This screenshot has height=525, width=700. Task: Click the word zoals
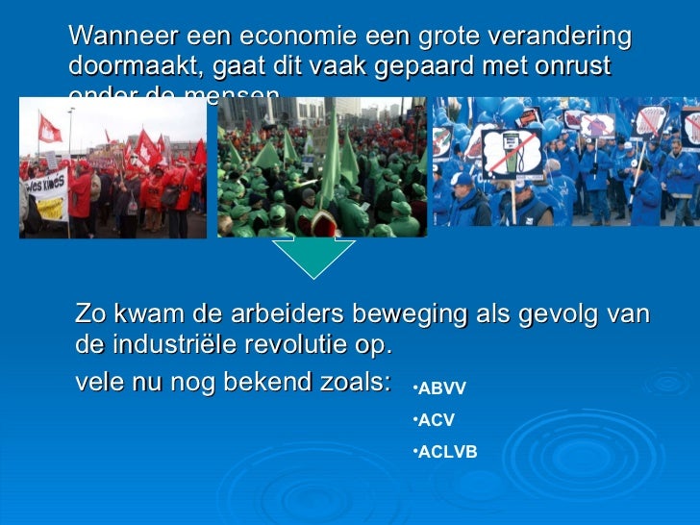[x=355, y=382]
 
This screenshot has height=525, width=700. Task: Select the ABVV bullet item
[x=440, y=389]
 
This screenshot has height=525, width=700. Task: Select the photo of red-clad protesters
[x=112, y=167]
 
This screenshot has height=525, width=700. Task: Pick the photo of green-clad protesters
[x=322, y=167]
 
